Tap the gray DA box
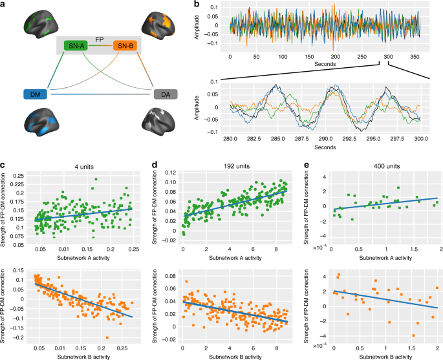coord(165,94)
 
